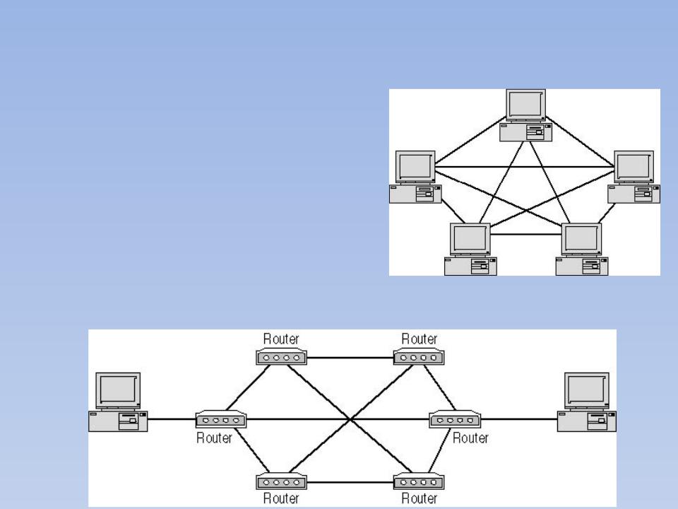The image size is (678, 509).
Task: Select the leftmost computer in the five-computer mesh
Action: (x=415, y=177)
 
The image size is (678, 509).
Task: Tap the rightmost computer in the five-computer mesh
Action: (x=635, y=177)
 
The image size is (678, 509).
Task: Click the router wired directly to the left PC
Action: (x=221, y=420)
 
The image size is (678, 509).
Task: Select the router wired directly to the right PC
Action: (x=454, y=420)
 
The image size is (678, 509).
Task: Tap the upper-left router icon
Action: (x=281, y=358)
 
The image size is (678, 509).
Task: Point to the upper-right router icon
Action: (x=419, y=358)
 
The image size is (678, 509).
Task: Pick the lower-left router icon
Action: (x=281, y=483)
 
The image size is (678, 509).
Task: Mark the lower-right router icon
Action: (x=419, y=483)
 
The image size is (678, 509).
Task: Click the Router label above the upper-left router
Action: (x=281, y=339)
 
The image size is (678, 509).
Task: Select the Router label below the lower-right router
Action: (x=419, y=499)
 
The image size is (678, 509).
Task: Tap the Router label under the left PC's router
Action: (x=215, y=438)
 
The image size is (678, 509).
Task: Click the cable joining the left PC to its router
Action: (x=172, y=420)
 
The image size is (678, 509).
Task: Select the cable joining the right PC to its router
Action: (x=518, y=420)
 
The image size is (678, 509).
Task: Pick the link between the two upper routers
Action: (x=350, y=358)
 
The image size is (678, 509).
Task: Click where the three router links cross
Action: (x=350, y=420)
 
